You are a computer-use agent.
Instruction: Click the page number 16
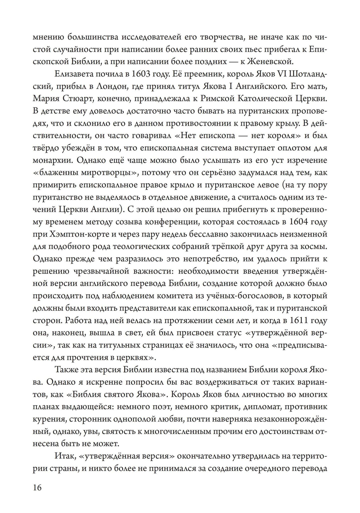[37, 488]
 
